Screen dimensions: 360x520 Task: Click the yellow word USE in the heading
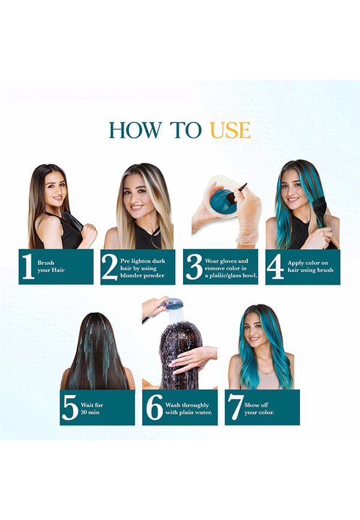(x=230, y=130)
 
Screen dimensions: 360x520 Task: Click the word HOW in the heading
(x=136, y=130)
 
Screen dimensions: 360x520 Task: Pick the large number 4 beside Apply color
(x=275, y=266)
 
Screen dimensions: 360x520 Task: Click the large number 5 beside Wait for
(x=70, y=408)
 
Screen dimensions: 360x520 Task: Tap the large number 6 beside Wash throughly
(x=154, y=407)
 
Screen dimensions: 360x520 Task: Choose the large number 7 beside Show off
(x=235, y=408)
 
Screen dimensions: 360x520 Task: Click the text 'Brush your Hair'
(x=51, y=267)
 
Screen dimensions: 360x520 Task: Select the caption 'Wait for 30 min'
(x=92, y=408)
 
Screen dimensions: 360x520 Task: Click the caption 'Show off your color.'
(x=259, y=408)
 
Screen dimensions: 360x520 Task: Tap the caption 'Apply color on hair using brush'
(x=310, y=267)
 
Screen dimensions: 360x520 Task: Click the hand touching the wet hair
(x=193, y=358)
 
